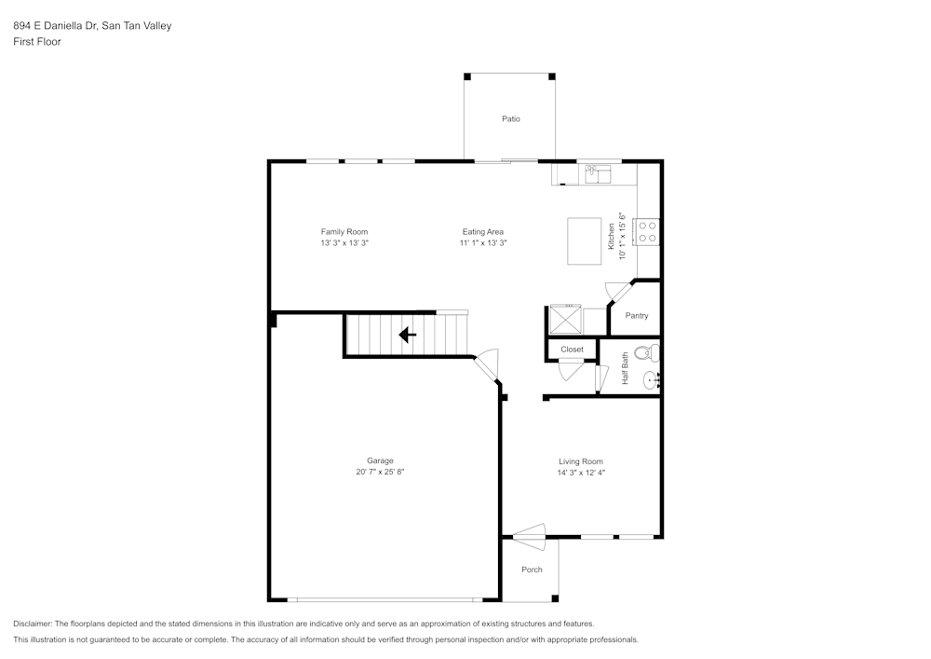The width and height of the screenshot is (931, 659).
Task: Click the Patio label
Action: click(510, 119)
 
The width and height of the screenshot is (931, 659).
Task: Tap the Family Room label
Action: click(344, 232)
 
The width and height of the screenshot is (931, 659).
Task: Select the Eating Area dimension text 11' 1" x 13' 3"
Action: click(483, 242)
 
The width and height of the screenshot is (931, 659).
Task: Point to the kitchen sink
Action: click(595, 172)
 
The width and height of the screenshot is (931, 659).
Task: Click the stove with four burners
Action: click(647, 231)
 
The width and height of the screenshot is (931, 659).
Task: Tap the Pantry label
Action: click(637, 316)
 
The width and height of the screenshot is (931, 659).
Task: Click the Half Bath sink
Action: click(653, 379)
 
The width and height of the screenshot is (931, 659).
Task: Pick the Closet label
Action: click(572, 350)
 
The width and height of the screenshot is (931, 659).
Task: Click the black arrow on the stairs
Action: click(408, 335)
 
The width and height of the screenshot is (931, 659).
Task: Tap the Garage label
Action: click(380, 460)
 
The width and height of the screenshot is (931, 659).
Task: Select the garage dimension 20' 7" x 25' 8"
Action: click(380, 473)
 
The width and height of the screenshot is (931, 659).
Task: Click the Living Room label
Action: click(581, 461)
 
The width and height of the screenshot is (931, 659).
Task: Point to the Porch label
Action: click(532, 570)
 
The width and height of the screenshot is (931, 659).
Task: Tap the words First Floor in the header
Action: click(37, 42)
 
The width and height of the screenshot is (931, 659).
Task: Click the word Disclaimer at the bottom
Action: click(33, 624)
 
